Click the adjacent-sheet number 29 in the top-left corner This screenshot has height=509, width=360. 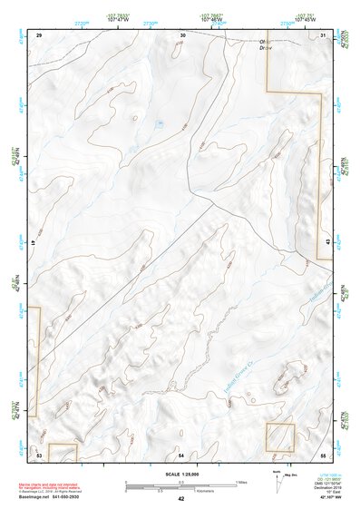39,34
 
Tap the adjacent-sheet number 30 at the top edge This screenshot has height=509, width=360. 182,34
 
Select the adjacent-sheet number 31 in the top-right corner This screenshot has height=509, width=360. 324,34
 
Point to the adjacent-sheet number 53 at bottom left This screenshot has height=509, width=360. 39,453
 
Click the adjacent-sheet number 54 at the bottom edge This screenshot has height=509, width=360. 182,453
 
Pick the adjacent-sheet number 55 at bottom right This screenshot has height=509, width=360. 323,453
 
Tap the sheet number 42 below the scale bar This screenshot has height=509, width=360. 181,499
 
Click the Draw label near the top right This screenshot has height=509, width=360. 267,48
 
